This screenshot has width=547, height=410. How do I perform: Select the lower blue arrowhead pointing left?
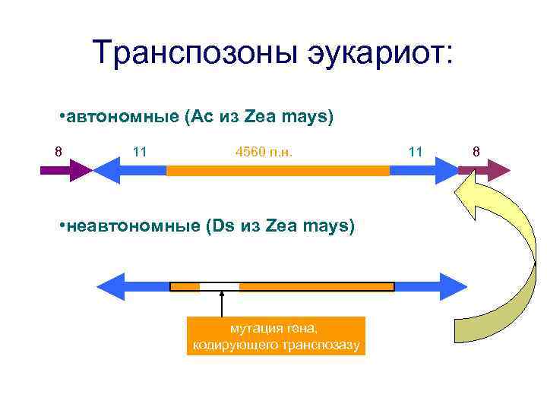(x=112, y=286)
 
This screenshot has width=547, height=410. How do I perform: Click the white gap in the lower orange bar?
(x=220, y=286)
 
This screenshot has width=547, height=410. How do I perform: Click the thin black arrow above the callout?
(x=221, y=304)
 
